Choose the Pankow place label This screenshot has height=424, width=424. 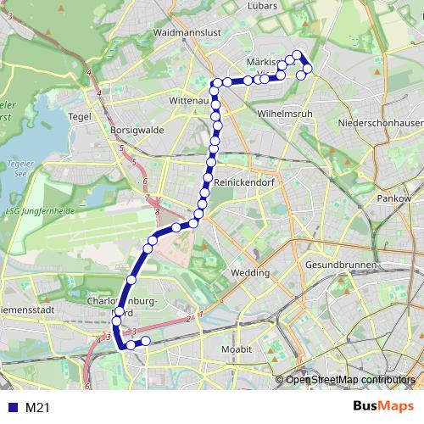point(393,198)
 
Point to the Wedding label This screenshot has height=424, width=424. point(248,273)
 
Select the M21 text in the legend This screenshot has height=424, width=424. point(38,408)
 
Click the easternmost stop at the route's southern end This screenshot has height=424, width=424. point(146,341)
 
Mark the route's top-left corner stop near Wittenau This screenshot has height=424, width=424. point(215,83)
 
